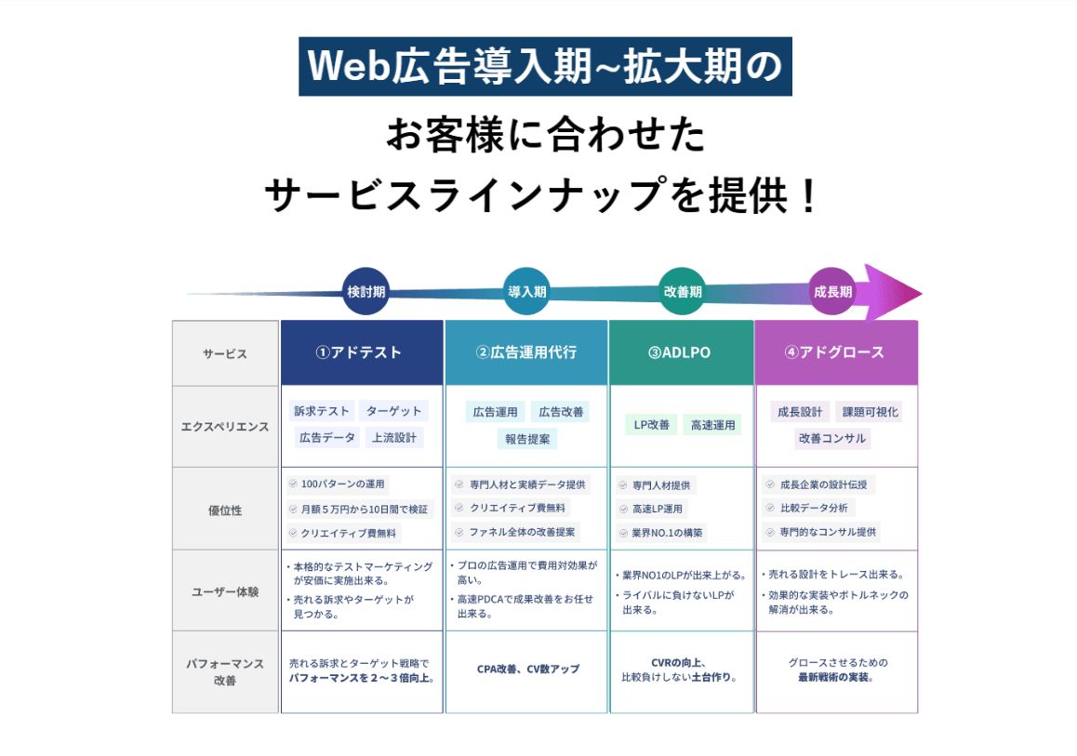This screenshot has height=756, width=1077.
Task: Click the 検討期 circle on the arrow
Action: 366,291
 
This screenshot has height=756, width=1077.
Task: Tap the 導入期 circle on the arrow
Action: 526,291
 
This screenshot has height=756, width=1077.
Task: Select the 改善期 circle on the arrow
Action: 682,291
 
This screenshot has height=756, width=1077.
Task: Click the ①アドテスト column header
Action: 362,352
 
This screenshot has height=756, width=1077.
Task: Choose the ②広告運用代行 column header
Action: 526,352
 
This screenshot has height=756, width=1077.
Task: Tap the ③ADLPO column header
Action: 682,352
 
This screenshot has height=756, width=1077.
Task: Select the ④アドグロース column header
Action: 836,352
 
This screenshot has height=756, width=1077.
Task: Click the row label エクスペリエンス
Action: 225,427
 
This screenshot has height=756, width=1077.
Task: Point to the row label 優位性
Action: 225,510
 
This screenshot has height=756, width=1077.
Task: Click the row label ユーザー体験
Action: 225,590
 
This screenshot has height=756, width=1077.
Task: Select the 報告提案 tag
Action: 526,438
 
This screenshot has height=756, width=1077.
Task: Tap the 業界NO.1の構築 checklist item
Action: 661,533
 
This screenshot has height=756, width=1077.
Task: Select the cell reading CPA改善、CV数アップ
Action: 527,669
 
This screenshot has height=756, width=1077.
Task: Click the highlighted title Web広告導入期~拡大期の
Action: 545,66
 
